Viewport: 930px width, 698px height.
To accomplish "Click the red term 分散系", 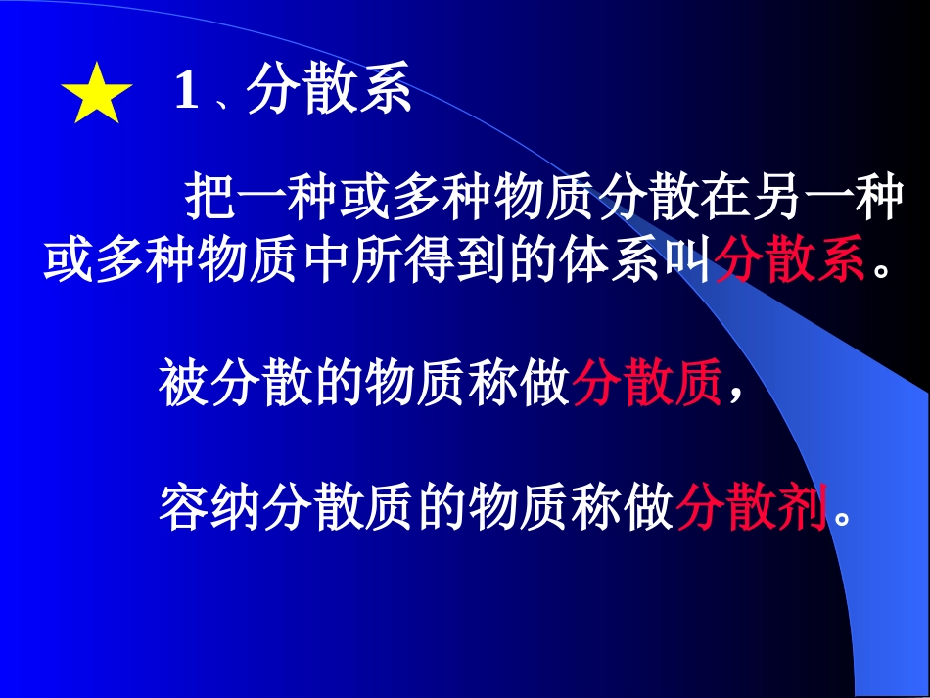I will (791, 262).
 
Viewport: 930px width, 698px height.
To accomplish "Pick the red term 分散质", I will (647, 383).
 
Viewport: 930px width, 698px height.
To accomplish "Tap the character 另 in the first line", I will (775, 201).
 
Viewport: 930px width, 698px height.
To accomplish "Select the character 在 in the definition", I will (723, 201).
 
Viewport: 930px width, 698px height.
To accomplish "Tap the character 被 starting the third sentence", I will (183, 383).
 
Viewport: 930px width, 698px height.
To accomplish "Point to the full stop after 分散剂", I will (840, 515).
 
